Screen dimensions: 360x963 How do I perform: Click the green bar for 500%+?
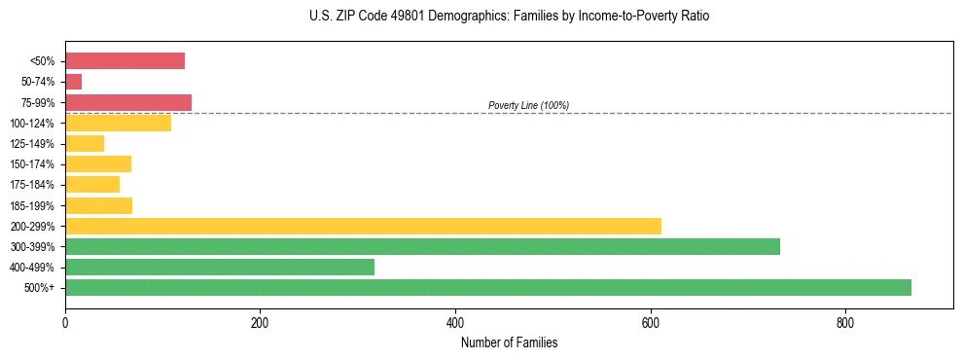[x=487, y=288]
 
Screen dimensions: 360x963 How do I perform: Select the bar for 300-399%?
[x=422, y=247]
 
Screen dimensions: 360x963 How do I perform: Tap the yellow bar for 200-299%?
[x=363, y=226]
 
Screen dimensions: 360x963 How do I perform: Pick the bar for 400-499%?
[x=220, y=268]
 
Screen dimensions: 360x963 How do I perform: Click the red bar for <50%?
[x=125, y=61]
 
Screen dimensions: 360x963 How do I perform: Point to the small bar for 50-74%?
[x=74, y=82]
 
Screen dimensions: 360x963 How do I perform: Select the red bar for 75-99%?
[x=128, y=102]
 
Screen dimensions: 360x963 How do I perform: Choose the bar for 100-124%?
[x=118, y=123]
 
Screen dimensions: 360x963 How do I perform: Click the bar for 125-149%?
[x=85, y=144]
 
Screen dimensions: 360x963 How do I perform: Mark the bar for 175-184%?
[x=92, y=185]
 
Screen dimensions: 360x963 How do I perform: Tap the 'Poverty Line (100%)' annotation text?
[x=528, y=105]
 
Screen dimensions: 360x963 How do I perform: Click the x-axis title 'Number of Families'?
[x=509, y=342]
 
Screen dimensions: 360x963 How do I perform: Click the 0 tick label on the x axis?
[x=65, y=323]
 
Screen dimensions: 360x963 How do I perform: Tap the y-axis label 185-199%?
[x=33, y=206]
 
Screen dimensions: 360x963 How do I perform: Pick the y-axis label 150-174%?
[x=33, y=164]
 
